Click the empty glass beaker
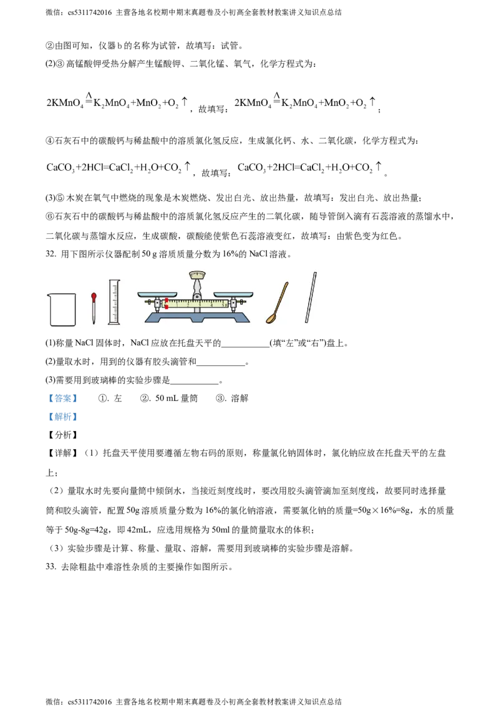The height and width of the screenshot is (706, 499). click(62, 309)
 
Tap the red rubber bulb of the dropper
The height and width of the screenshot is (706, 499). click(94, 296)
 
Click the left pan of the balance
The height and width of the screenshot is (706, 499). click(157, 294)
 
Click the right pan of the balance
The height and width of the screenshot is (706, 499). click(233, 294)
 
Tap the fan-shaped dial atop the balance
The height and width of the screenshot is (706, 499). click(197, 274)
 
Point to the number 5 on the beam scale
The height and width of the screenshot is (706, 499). click(223, 304)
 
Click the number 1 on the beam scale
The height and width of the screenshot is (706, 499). click(177, 304)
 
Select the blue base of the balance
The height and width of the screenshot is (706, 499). click(197, 317)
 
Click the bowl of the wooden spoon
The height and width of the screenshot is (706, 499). click(271, 319)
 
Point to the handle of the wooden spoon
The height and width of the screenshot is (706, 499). click(283, 296)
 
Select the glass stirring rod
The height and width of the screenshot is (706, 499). click(311, 297)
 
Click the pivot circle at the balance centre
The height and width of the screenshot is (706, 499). click(197, 296)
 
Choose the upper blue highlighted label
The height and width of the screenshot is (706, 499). click(62, 398)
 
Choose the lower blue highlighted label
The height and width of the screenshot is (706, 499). click(62, 417)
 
